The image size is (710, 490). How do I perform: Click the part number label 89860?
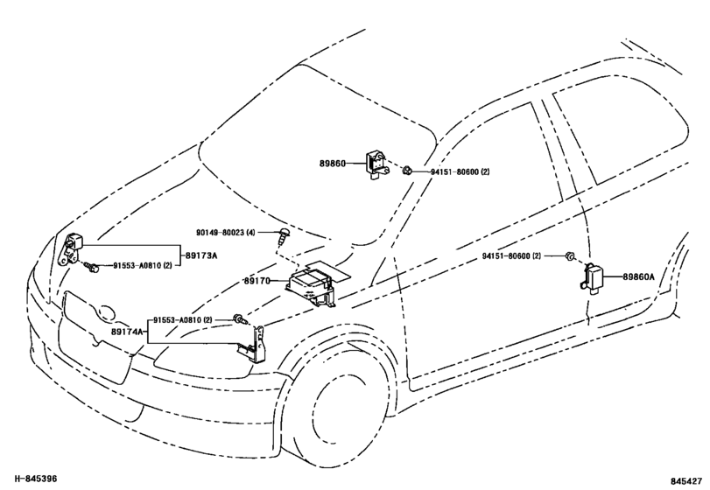[332, 164]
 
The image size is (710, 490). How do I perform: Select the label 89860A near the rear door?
[638, 276]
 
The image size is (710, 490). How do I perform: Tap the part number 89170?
[257, 281]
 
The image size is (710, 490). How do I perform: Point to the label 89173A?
[201, 256]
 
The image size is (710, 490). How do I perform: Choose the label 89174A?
[127, 332]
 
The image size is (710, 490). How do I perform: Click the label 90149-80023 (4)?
[226, 233]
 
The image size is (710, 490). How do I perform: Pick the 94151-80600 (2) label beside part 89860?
[460, 171]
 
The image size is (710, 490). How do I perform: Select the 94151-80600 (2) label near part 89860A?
[511, 256]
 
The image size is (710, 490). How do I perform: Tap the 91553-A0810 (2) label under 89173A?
[142, 266]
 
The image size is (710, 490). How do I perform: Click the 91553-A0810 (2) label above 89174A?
[182, 320]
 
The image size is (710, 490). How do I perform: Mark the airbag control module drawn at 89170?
[313, 285]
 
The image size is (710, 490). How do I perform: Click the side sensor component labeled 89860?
[376, 164]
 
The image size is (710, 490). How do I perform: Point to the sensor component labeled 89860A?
[591, 276]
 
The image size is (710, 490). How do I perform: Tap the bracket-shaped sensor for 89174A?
[255, 344]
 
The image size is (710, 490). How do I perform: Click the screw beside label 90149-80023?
[284, 235]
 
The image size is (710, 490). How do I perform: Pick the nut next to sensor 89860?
[407, 171]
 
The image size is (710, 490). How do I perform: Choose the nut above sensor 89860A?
[569, 256]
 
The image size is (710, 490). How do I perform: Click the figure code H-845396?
[36, 479]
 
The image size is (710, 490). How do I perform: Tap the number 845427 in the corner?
[686, 481]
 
